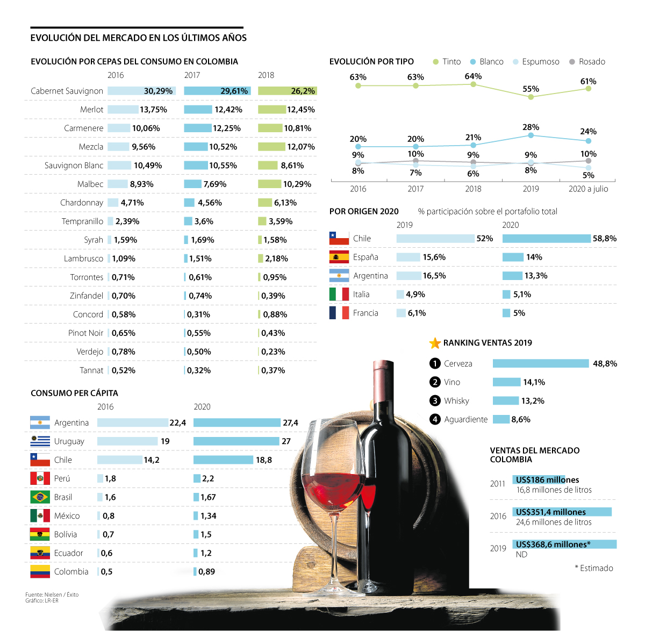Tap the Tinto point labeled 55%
point(531,97)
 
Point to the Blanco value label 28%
point(531,127)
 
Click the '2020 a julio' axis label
point(588,189)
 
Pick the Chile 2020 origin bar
point(546,239)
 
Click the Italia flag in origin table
point(339,295)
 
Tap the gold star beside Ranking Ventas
point(435,343)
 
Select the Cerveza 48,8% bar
point(541,364)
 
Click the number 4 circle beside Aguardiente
point(435,419)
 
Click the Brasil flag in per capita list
point(40,497)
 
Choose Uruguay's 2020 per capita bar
point(236,441)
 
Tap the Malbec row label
point(90,184)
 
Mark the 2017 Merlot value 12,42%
point(228,110)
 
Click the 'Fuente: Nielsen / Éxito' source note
point(52,594)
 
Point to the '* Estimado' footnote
point(593,568)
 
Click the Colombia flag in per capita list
point(40,571)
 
